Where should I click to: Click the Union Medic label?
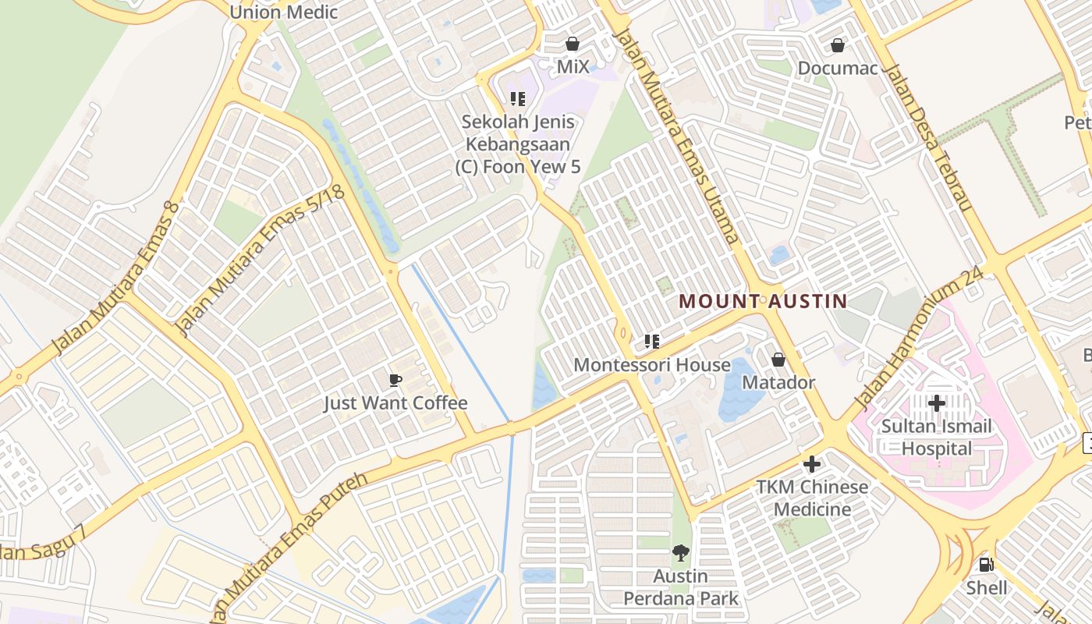click(283, 12)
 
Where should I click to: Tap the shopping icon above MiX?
click(573, 44)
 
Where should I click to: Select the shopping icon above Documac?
click(838, 45)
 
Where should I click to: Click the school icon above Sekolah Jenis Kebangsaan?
click(518, 99)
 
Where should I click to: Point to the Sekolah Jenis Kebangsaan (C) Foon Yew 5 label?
click(518, 144)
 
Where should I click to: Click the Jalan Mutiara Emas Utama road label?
click(676, 136)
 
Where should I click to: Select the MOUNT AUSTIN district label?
click(763, 301)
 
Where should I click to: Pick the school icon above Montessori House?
click(652, 342)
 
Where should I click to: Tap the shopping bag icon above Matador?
click(778, 360)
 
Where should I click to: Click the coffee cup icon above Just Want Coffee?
click(395, 380)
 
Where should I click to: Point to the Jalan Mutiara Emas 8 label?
click(115, 278)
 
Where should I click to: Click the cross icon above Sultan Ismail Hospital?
click(936, 403)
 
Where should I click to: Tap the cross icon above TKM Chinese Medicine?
click(811, 464)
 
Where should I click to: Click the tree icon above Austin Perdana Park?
click(680, 553)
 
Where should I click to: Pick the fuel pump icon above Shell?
click(986, 565)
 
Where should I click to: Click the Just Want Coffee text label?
click(395, 403)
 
